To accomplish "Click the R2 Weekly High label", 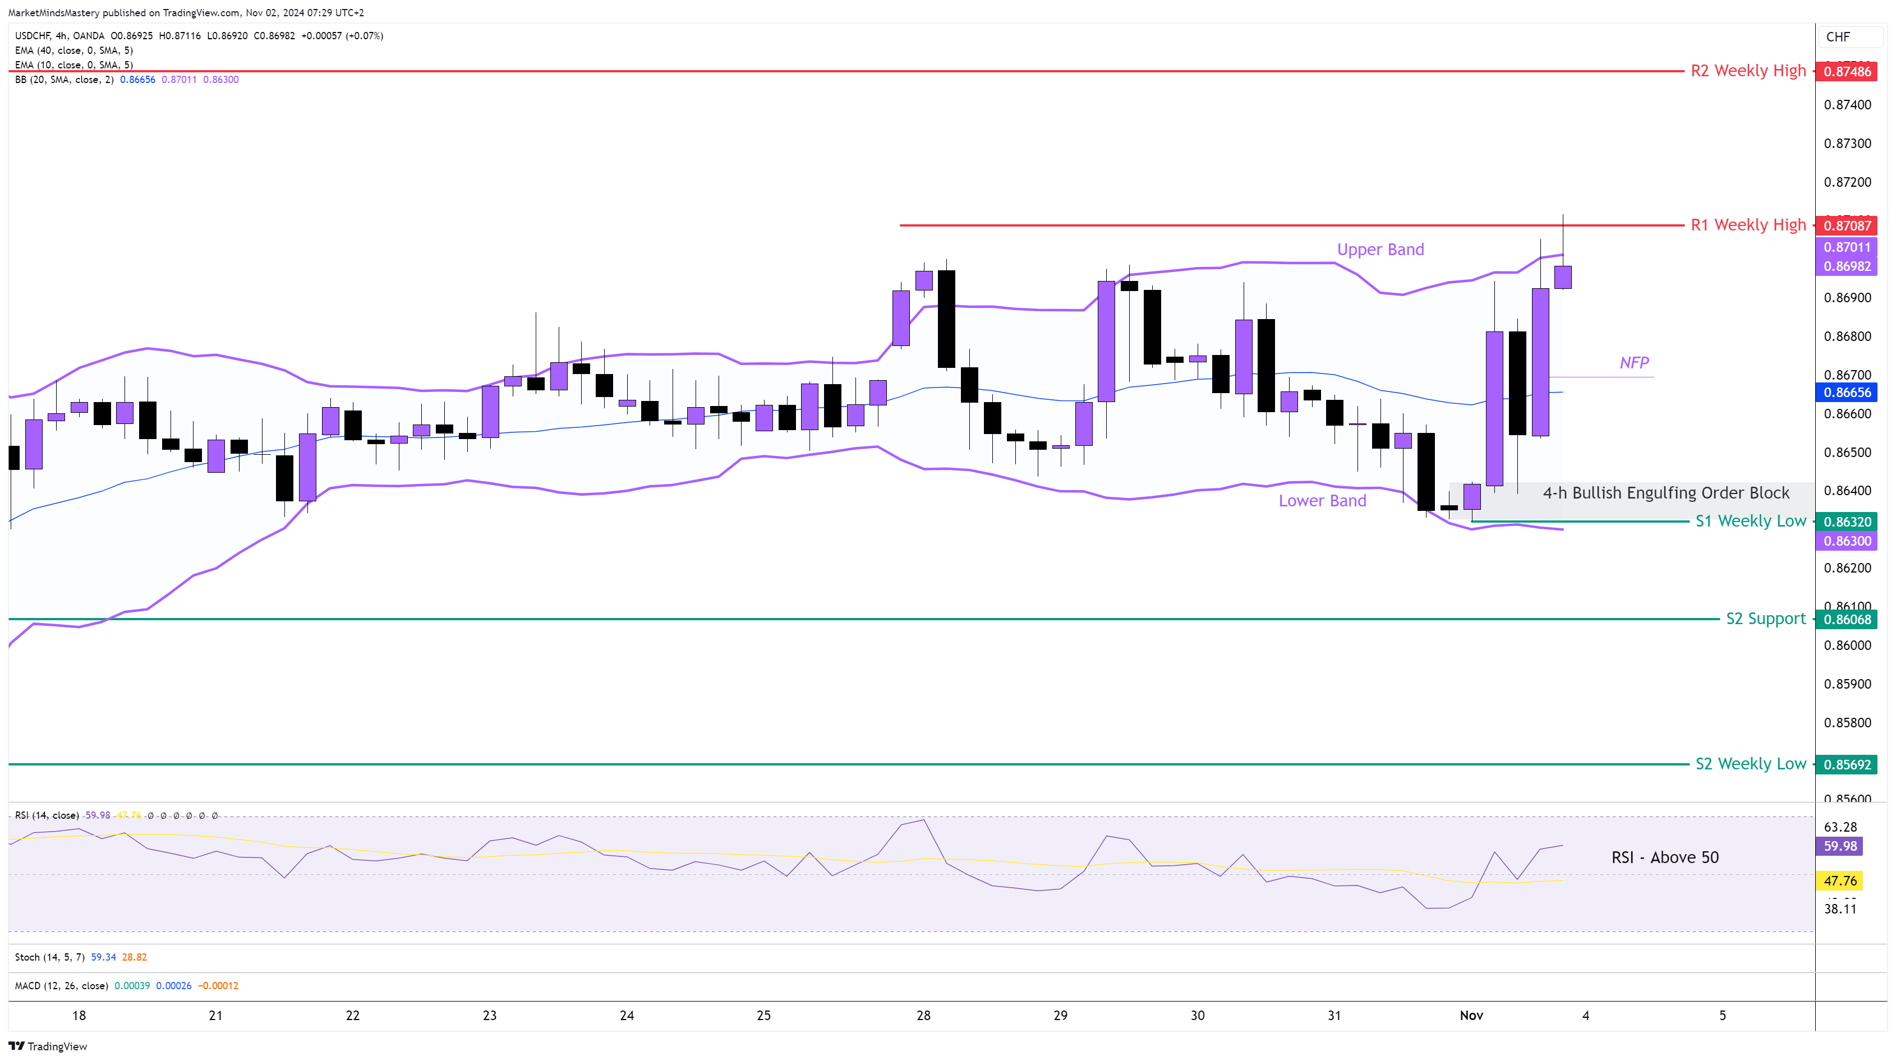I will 1748,71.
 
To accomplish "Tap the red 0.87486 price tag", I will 1847,71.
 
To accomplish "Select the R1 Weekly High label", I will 1748,225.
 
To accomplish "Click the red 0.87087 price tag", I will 1847,226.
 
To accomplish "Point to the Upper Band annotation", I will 1380,250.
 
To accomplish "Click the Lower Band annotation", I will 1322,501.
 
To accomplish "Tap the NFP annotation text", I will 1634,363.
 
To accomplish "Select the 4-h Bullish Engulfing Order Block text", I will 1665,493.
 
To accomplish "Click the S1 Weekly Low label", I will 1750,522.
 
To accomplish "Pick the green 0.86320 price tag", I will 1847,522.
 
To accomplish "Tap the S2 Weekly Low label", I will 1750,764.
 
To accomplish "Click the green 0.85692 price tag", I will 1847,764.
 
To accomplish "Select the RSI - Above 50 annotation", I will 1665,858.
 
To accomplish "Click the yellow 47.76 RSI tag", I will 1840,881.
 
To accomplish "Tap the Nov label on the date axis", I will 1471,1016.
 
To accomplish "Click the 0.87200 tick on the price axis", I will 1847,182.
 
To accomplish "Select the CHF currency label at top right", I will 1838,37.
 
